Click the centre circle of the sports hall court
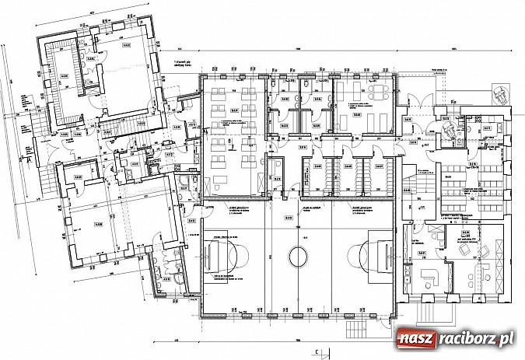point(299,256)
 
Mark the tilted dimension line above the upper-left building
point(93,16)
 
